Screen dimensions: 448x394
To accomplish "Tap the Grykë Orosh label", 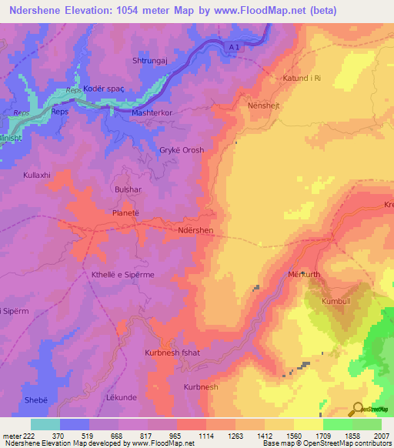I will coord(181,150).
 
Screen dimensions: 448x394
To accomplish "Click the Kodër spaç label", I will coord(103,89).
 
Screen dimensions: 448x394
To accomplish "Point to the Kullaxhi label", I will coord(36,176).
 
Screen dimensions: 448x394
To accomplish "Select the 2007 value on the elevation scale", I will coord(381,436).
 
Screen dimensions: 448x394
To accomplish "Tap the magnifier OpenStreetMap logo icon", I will coord(358,410).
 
